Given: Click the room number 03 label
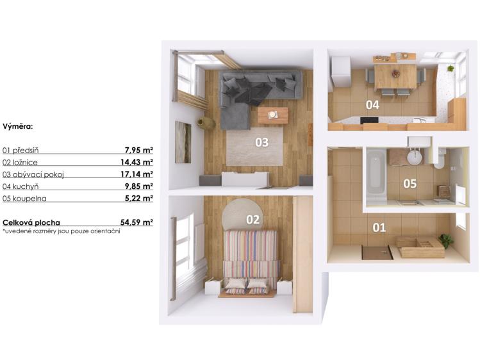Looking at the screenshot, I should pos(261,142).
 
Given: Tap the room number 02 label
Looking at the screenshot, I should pos(253,220).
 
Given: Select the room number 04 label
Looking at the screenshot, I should pos(372,104).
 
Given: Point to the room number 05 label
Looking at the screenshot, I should pos(410,184).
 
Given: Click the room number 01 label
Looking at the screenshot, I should pos(379,227).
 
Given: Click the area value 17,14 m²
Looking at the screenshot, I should pos(138,174).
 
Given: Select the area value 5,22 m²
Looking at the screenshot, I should pos(140,198).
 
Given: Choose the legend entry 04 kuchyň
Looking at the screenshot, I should pos(21,186).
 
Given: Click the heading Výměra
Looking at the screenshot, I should pos(17,127).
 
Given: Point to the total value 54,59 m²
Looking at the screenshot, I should pos(137,222).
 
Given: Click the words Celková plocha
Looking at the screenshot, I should pos(26,222).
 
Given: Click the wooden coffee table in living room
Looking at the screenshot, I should pos(273,115).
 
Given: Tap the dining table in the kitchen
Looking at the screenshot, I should pos(395,76).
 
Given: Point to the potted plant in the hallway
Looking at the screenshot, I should pos(445,240).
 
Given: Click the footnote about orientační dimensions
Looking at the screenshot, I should pos(62,231).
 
